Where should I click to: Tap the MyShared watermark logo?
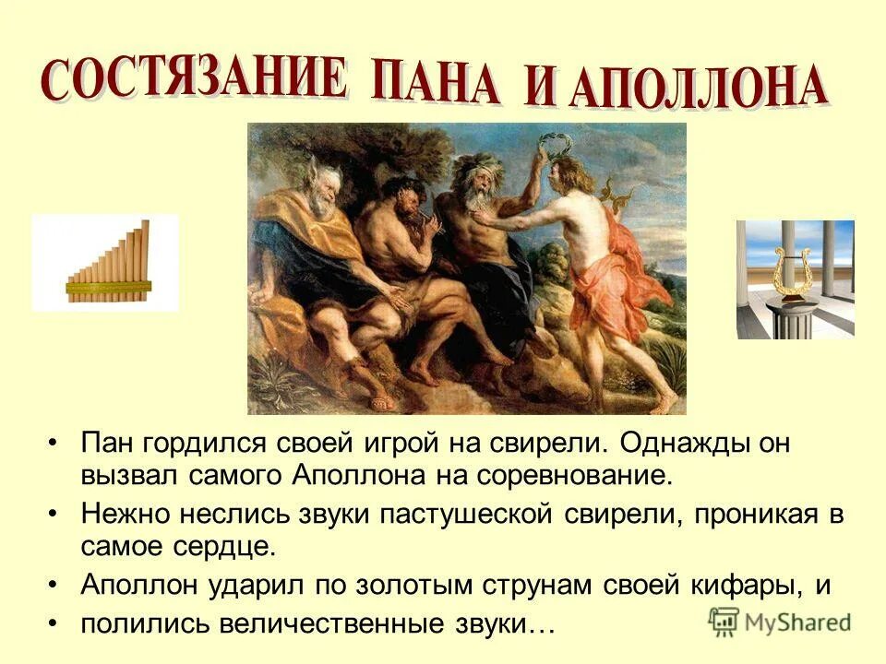click(780, 621)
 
